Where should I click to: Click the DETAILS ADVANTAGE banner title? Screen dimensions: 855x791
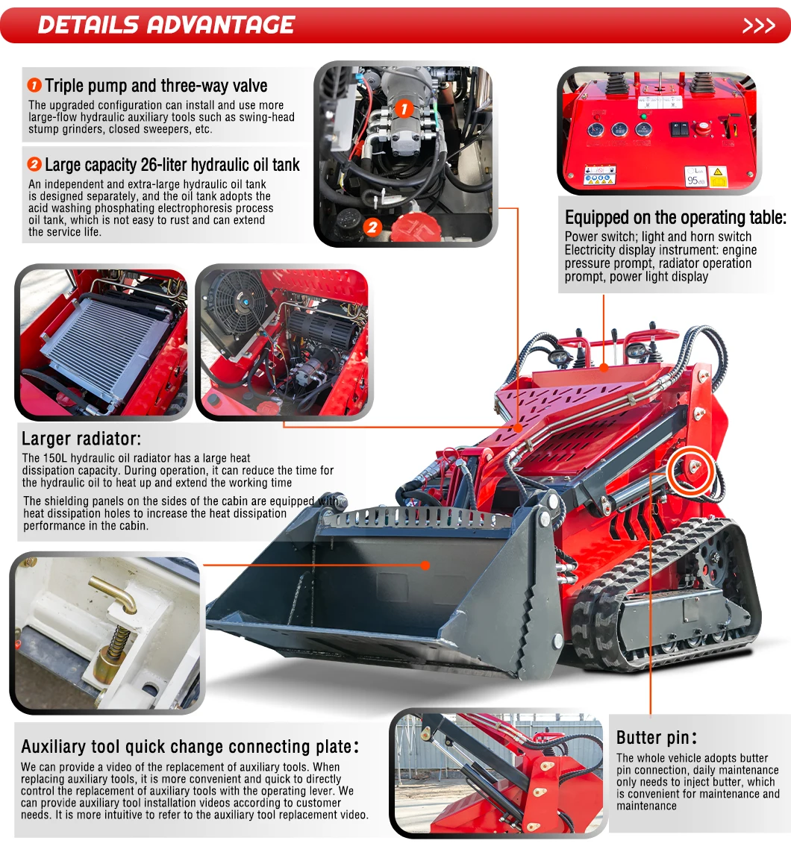(x=166, y=25)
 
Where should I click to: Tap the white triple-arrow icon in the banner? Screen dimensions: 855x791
(x=759, y=25)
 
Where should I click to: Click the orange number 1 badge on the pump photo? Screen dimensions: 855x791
(x=403, y=109)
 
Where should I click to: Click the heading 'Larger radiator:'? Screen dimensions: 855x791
(x=81, y=439)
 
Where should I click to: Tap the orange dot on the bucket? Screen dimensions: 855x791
(x=425, y=565)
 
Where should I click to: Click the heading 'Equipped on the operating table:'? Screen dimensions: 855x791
(x=675, y=218)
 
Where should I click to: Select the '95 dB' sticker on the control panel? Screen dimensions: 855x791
(x=695, y=177)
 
